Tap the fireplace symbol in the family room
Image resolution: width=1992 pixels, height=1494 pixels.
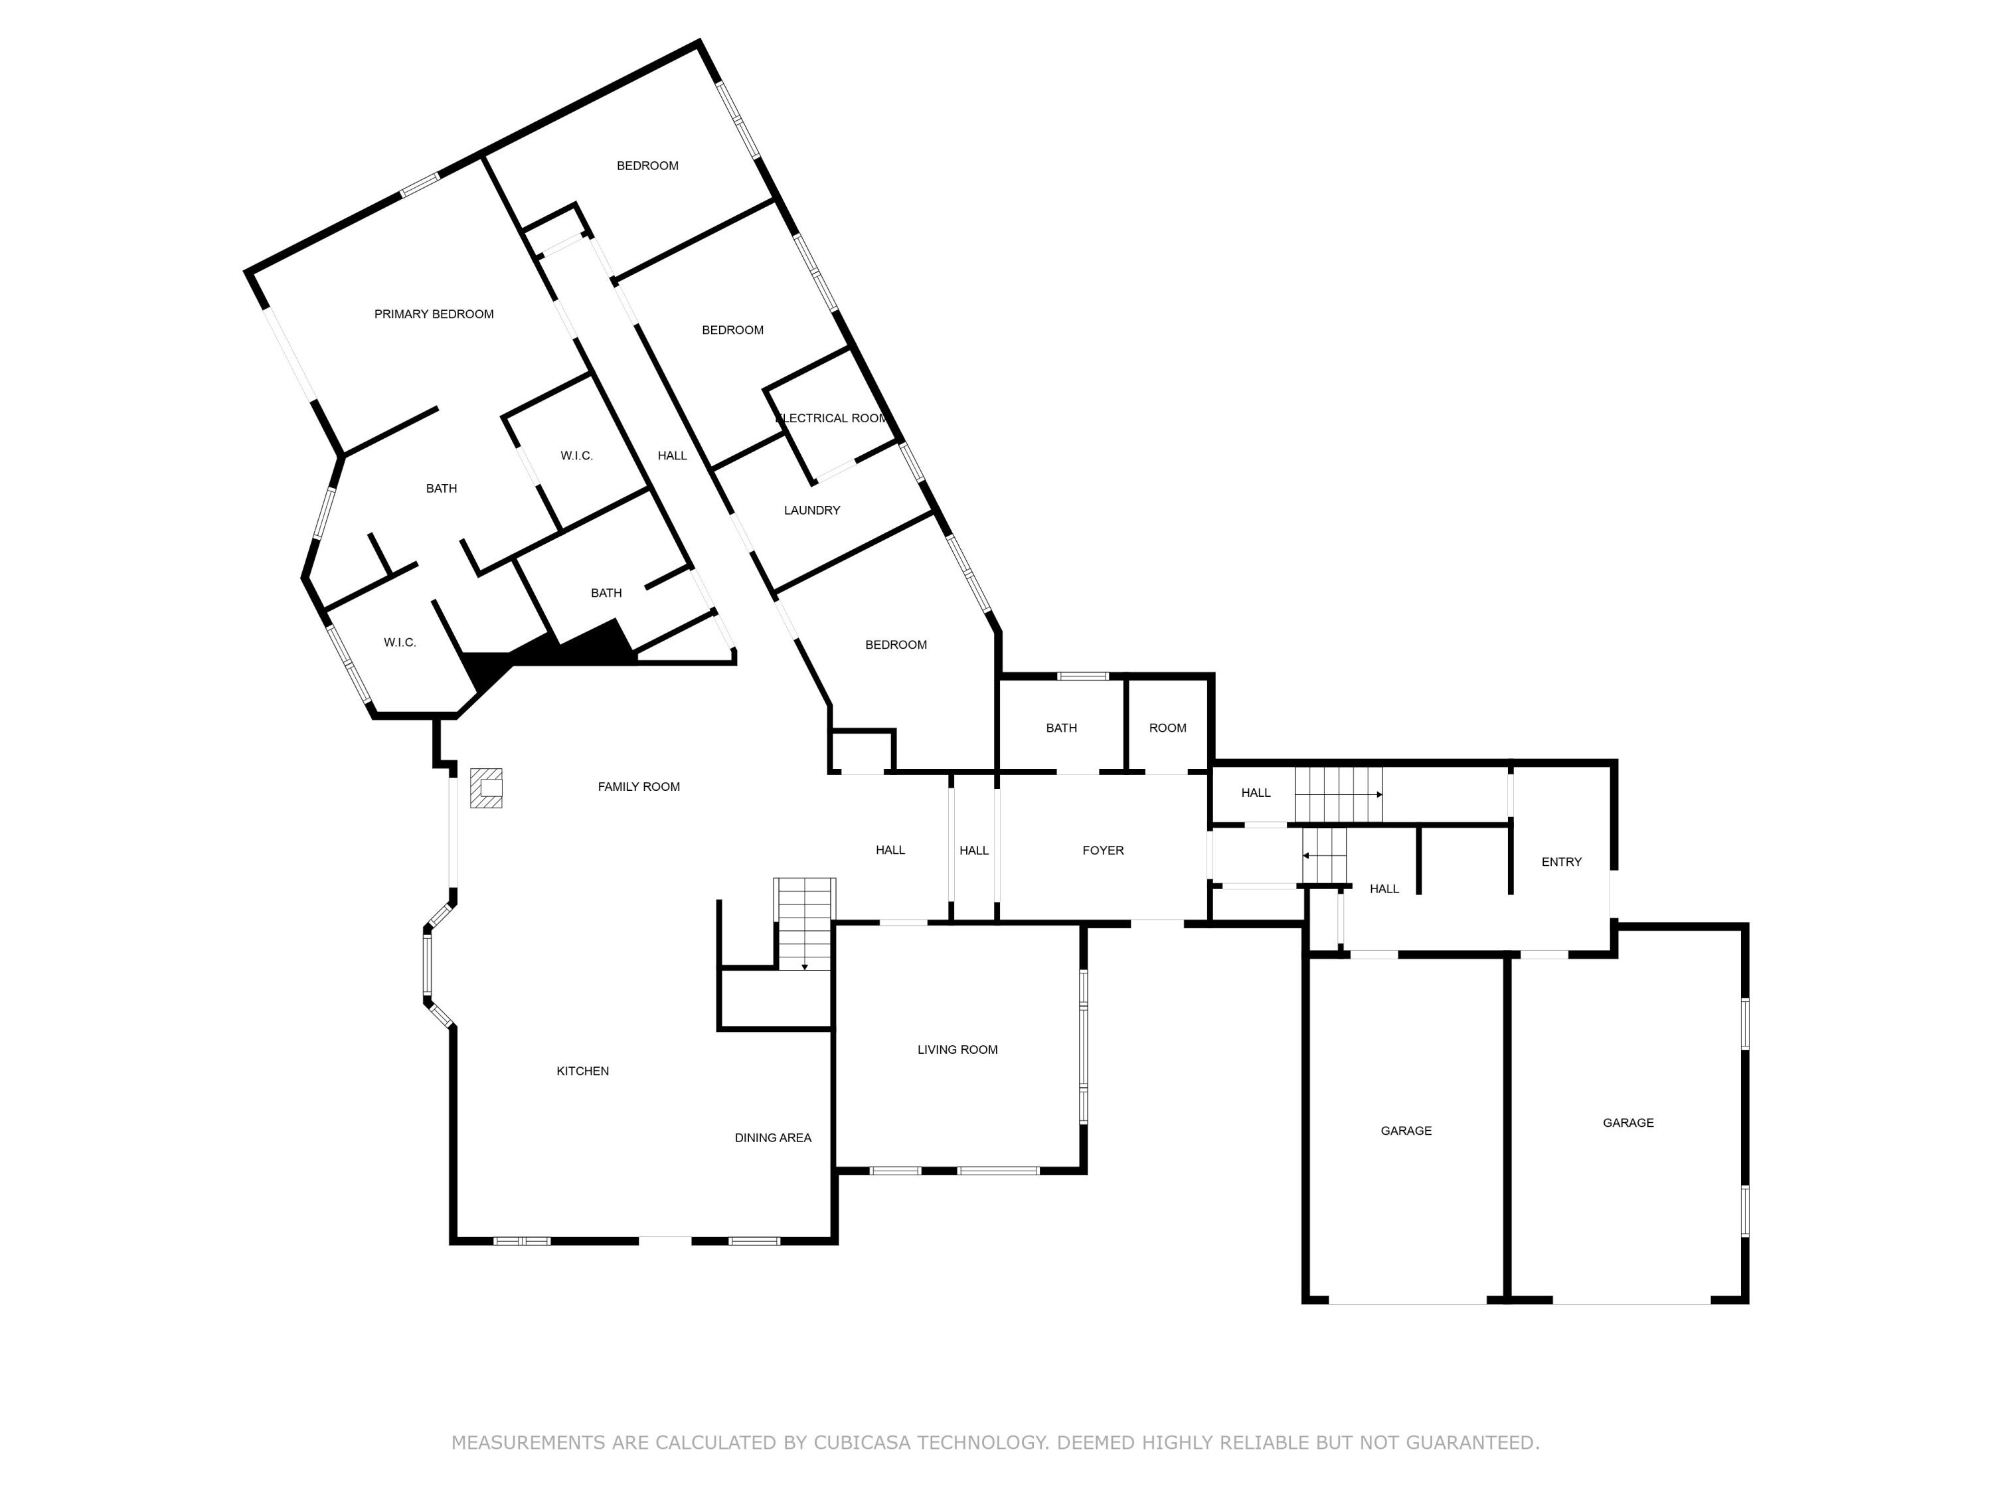(x=486, y=788)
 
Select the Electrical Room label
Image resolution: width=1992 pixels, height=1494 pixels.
(x=831, y=418)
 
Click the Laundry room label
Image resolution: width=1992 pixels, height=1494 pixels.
(x=811, y=511)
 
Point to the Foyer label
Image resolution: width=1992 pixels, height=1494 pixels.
(x=1102, y=850)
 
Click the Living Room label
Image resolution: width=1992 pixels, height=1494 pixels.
(x=957, y=1049)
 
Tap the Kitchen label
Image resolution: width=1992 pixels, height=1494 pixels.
(x=582, y=1071)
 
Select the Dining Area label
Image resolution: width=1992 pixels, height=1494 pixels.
(x=773, y=1137)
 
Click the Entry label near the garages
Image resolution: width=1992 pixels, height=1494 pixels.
(x=1560, y=862)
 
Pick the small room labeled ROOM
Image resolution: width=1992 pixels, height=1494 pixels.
(x=1167, y=728)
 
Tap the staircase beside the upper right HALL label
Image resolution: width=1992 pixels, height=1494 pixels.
(x=1338, y=794)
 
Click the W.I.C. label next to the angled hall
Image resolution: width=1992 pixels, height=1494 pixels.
(x=576, y=456)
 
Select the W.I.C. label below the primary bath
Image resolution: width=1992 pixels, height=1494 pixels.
(x=399, y=642)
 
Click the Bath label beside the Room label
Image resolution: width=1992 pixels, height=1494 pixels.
(x=1061, y=728)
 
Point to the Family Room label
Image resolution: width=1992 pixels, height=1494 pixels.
(x=639, y=787)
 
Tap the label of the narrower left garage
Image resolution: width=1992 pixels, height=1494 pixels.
(x=1405, y=1130)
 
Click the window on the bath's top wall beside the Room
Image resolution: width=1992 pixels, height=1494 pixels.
(x=1082, y=677)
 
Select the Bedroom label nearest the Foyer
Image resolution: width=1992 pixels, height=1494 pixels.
(x=895, y=645)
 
